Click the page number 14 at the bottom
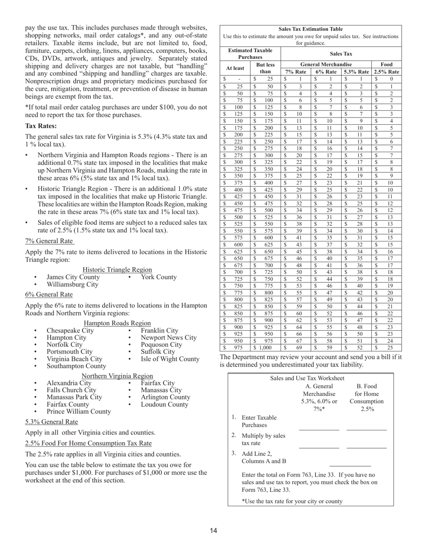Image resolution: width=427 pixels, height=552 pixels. tap(213, 531)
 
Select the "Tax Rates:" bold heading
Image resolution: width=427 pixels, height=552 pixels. tap(41, 126)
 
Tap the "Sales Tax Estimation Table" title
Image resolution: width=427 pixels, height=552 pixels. tap(311, 29)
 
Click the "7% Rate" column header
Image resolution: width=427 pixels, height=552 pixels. tap(296, 72)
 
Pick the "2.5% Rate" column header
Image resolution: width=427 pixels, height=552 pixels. tap(387, 72)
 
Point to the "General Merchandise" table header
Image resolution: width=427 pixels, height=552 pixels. tap(326, 64)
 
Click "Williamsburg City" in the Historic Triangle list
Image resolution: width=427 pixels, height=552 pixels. tap(72, 284)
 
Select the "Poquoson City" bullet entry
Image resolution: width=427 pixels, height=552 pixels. tap(161, 345)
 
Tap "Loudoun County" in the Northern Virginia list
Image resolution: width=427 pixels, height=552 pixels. tap(165, 404)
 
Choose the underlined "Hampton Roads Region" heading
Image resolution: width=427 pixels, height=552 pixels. tap(117, 323)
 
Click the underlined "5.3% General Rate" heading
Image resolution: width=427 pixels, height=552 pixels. tap(52, 422)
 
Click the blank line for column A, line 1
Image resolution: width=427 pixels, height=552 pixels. tap(319, 429)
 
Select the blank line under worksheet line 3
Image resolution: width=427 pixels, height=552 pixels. tap(350, 466)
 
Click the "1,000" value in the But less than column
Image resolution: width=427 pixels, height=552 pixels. tap(266, 347)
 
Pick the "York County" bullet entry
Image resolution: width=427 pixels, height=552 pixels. tap(159, 277)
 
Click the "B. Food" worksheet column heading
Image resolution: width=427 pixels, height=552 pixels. tap(367, 386)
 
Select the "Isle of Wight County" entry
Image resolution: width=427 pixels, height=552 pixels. tap(170, 359)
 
